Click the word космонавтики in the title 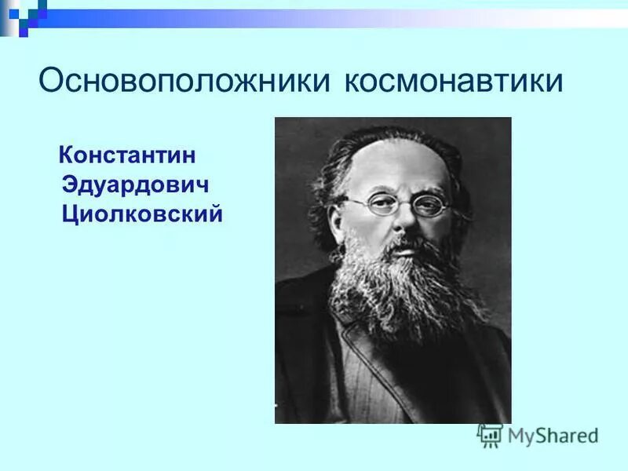coord(453,82)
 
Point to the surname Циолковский coord(142,214)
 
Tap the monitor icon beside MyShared coord(490,435)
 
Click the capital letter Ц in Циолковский coord(70,214)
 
